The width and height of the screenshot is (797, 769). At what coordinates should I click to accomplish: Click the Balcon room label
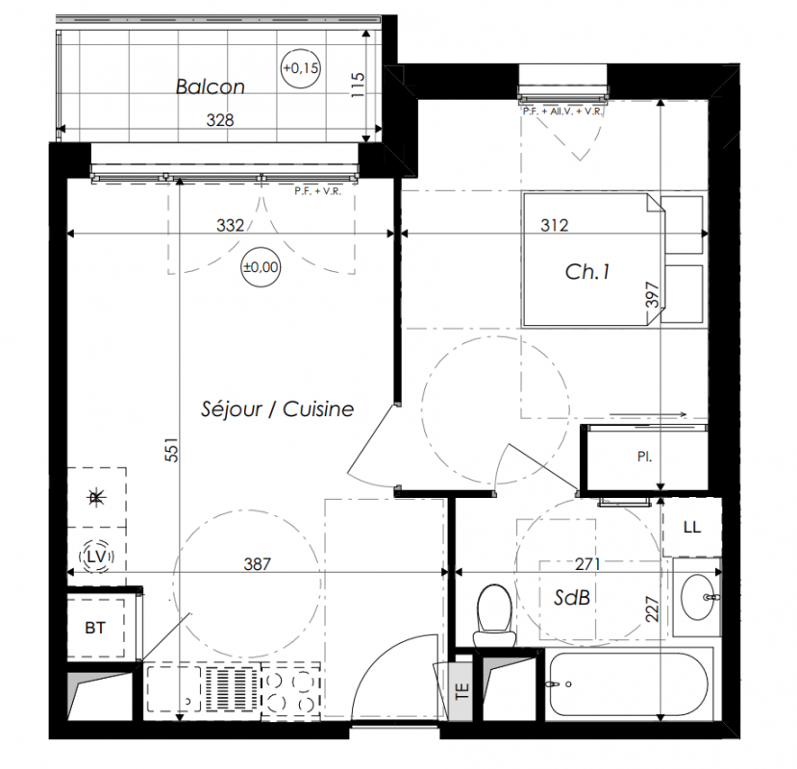[210, 87]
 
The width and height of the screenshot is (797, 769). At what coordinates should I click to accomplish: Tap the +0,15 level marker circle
[300, 68]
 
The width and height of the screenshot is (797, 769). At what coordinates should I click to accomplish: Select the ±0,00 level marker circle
[261, 267]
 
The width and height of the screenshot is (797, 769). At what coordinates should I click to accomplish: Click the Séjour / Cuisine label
[277, 409]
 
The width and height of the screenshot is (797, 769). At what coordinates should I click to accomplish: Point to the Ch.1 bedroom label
[587, 272]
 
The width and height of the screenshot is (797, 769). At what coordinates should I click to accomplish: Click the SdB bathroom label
[572, 598]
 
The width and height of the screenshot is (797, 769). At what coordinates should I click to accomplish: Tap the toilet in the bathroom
[493, 615]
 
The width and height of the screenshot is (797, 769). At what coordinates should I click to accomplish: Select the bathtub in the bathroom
[626, 684]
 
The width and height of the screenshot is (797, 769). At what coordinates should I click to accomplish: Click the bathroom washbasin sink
[697, 597]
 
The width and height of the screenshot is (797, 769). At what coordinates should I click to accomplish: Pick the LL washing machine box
[692, 527]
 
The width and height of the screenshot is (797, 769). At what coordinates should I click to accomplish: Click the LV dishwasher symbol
[96, 557]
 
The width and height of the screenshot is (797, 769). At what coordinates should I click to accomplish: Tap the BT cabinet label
[95, 629]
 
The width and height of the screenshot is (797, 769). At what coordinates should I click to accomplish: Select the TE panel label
[462, 691]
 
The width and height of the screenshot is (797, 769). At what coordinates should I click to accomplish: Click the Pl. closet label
[644, 457]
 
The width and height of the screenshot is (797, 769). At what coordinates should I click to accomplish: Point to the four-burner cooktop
[290, 690]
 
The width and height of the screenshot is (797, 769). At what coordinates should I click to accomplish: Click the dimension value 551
[172, 450]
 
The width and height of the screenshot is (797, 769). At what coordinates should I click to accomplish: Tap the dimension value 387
[258, 563]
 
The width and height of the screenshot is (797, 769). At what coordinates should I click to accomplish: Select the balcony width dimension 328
[220, 120]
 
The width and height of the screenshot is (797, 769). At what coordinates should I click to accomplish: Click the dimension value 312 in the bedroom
[554, 225]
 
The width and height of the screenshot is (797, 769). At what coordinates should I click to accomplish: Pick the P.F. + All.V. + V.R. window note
[562, 112]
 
